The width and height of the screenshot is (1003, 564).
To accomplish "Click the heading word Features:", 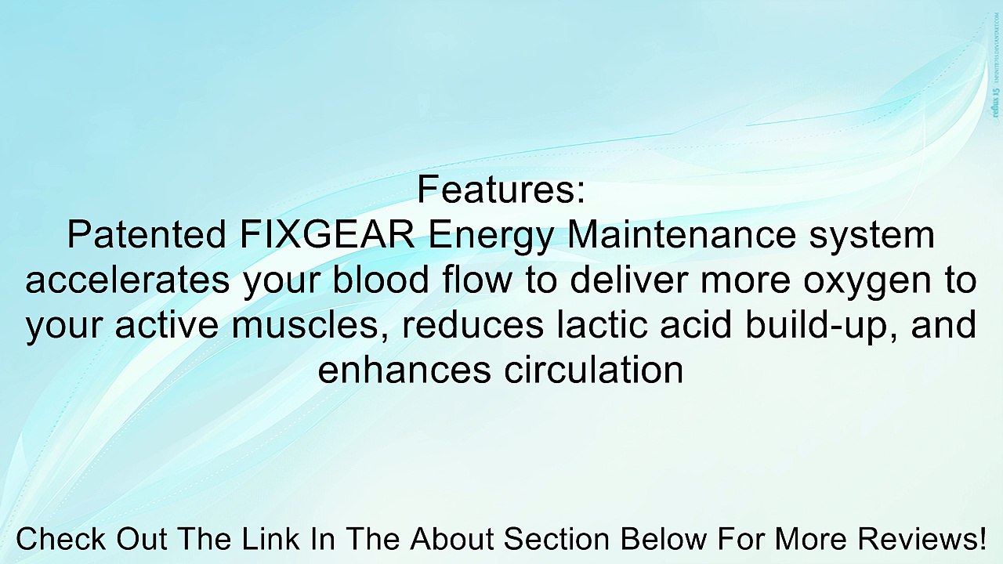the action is pyautogui.click(x=501, y=190).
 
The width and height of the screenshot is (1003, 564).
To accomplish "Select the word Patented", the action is pyautogui.click(x=147, y=235).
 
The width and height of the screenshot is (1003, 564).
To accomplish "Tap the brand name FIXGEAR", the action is pyautogui.click(x=328, y=235).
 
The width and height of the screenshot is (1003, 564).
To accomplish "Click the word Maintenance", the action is pyautogui.click(x=682, y=235).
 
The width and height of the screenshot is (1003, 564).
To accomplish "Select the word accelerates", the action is pyautogui.click(x=128, y=280).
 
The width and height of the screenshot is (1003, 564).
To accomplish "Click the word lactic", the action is pyautogui.click(x=596, y=325).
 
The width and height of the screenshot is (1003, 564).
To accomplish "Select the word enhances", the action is pyautogui.click(x=404, y=370).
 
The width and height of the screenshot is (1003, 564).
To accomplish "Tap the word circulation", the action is pyautogui.click(x=594, y=370).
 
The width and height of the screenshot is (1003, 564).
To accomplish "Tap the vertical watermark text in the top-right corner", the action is pyautogui.click(x=995, y=65).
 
